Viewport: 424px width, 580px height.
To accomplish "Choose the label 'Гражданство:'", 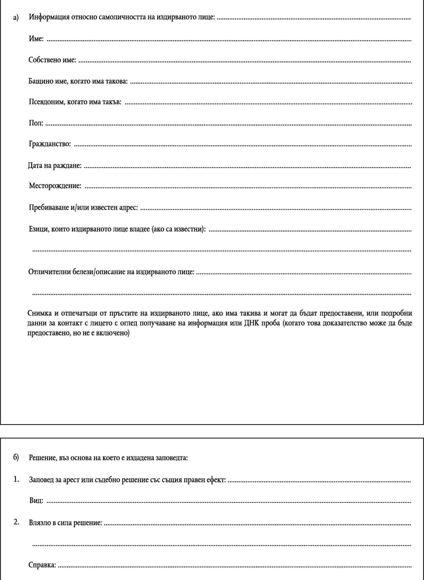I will [50, 144].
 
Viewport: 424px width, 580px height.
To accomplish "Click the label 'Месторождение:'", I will [55, 186].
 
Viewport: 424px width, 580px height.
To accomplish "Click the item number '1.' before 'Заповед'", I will [16, 479].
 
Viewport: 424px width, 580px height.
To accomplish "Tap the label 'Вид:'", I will [36, 500].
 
